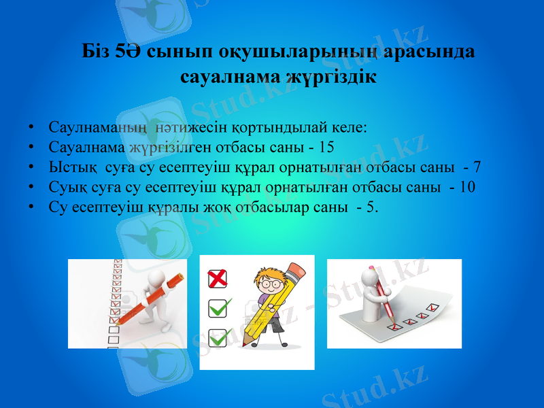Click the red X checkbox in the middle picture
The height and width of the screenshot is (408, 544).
[217, 278]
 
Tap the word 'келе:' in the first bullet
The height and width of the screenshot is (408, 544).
[349, 126]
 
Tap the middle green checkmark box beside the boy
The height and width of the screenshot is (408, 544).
[218, 308]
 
